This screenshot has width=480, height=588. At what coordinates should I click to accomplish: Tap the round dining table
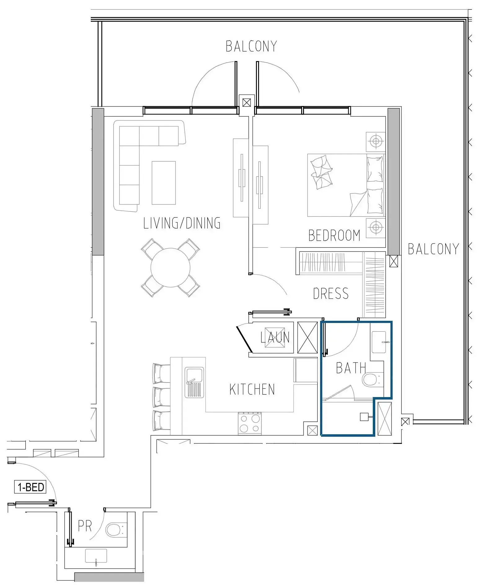click(170, 267)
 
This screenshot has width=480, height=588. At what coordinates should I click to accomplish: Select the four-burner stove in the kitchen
click(249, 423)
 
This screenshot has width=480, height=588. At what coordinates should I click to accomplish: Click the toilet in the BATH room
click(370, 379)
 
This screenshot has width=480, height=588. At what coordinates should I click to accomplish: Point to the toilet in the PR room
click(113, 530)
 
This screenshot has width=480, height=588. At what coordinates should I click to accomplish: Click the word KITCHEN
click(252, 389)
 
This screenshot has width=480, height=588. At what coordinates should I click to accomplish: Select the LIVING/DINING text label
click(182, 223)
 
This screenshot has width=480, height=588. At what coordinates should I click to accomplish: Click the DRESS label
click(331, 294)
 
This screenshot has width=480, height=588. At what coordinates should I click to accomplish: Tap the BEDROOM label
click(334, 235)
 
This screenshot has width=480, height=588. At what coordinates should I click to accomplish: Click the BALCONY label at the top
click(251, 46)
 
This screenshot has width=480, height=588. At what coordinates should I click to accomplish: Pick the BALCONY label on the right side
click(433, 249)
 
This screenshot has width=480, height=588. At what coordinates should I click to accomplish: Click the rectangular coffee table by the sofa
click(164, 183)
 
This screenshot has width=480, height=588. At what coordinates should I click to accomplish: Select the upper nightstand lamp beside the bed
click(376, 141)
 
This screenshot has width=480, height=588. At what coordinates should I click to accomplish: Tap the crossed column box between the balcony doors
click(247, 102)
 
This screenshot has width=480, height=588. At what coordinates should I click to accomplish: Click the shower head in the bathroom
click(364, 417)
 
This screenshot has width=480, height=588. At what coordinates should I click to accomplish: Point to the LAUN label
click(275, 337)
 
